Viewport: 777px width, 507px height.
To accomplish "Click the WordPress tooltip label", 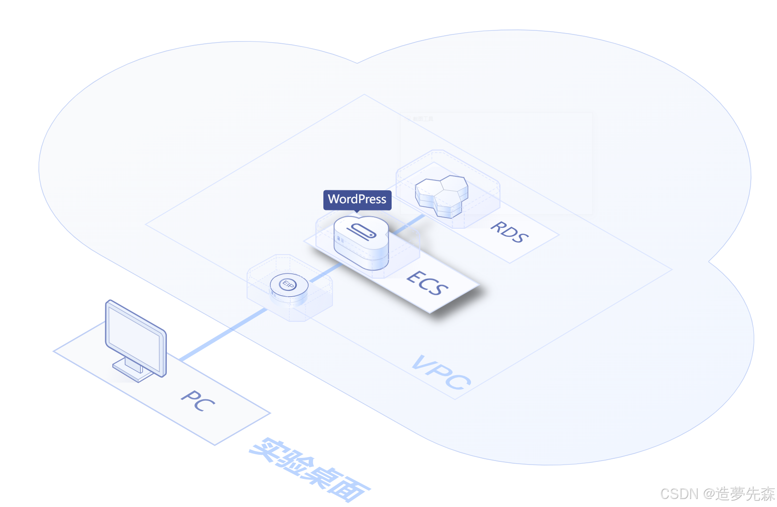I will click(357, 199).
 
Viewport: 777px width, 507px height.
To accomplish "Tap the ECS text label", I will click(427, 283).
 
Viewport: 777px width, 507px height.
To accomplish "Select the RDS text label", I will click(509, 232).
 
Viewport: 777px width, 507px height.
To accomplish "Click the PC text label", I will click(198, 400).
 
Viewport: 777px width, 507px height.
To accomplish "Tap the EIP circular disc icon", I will click(289, 286).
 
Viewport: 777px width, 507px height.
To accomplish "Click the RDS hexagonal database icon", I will click(442, 196).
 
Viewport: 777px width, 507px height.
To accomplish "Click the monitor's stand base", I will click(133, 371).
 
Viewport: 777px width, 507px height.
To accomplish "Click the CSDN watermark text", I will click(717, 494).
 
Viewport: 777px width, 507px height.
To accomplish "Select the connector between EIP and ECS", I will click(325, 272).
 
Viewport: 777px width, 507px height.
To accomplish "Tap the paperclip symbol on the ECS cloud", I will click(361, 231).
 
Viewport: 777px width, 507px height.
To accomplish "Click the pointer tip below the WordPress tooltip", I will click(357, 212).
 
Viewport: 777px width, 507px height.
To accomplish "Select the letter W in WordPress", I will click(334, 199).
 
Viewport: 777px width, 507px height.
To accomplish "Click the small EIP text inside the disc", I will click(288, 284).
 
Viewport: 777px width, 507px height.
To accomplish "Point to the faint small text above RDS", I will click(422, 119).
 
